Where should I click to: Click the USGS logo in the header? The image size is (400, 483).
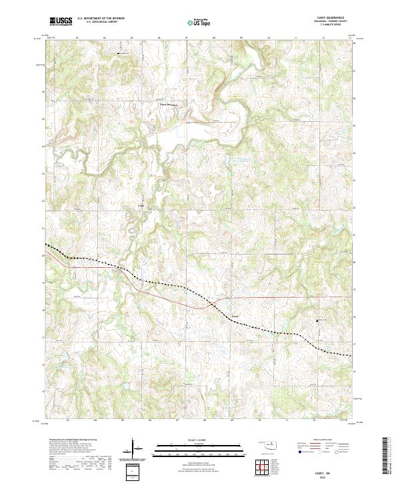click(61, 21)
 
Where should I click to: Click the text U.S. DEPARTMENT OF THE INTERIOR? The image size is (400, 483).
click(100, 19)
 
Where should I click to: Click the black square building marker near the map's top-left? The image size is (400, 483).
click(120, 53)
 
